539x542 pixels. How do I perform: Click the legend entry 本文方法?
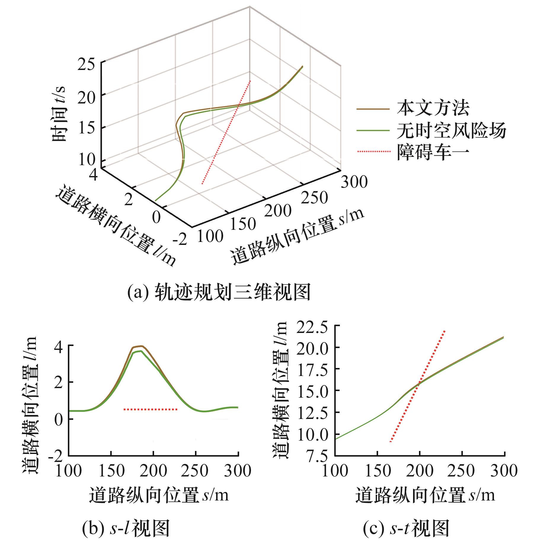point(433,109)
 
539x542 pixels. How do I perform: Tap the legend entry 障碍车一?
point(433,152)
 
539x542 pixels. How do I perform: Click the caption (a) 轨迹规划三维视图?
point(219,293)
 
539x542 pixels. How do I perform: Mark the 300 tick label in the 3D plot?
point(354,181)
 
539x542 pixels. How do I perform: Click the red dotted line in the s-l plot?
point(150,409)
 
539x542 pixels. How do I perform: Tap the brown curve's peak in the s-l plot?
point(142,346)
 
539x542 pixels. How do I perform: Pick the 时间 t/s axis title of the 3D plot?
point(59,114)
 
